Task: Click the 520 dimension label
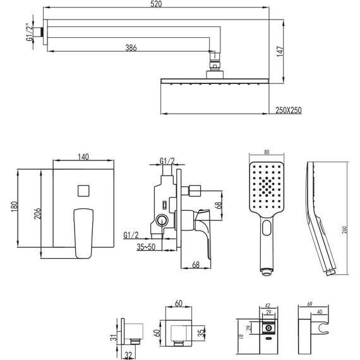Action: (156, 4)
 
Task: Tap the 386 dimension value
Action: (131, 48)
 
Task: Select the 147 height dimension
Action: (280, 51)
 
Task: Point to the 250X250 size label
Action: (289, 110)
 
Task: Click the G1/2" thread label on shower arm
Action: (30, 32)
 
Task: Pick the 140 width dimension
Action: (83, 157)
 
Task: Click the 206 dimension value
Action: (37, 213)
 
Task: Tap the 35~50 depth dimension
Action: (146, 247)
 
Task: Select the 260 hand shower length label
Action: (344, 230)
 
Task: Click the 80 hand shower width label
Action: (267, 152)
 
